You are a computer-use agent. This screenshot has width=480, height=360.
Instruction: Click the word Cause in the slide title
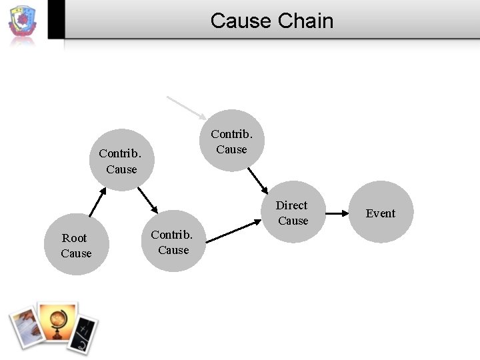pyautogui.click(x=241, y=21)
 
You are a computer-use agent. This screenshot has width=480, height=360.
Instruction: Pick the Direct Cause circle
pyautogui.click(x=293, y=213)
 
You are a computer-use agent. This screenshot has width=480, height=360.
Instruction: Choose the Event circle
pyautogui.click(x=381, y=213)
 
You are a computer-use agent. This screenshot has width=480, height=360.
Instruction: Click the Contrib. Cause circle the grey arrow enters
pyautogui.click(x=232, y=141)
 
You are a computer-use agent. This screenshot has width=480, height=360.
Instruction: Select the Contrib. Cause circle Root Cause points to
pyautogui.click(x=121, y=161)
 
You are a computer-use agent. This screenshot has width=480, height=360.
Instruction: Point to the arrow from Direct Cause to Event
pyautogui.click(x=337, y=213)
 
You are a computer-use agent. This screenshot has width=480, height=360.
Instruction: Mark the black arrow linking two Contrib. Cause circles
pyautogui.click(x=147, y=200)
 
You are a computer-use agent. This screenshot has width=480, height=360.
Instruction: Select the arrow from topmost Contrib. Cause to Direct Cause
pyautogui.click(x=257, y=179)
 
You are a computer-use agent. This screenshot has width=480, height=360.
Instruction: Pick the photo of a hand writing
pyautogui.click(x=25, y=326)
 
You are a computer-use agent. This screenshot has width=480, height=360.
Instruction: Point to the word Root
pyautogui.click(x=74, y=238)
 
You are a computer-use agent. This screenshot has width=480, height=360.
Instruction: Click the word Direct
pyautogui.click(x=291, y=205)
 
